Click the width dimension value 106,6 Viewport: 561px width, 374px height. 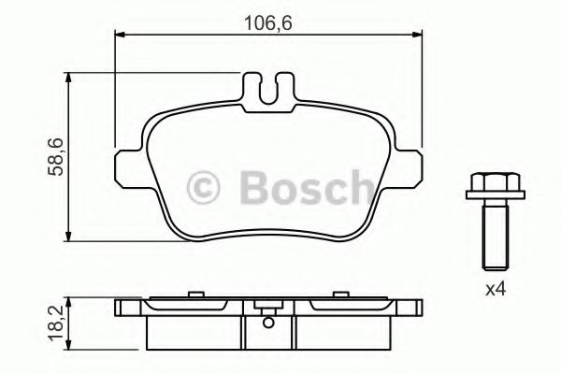pos(266,22)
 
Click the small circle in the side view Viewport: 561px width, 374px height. pos(268,324)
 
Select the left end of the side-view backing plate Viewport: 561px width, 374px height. pos(119,309)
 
